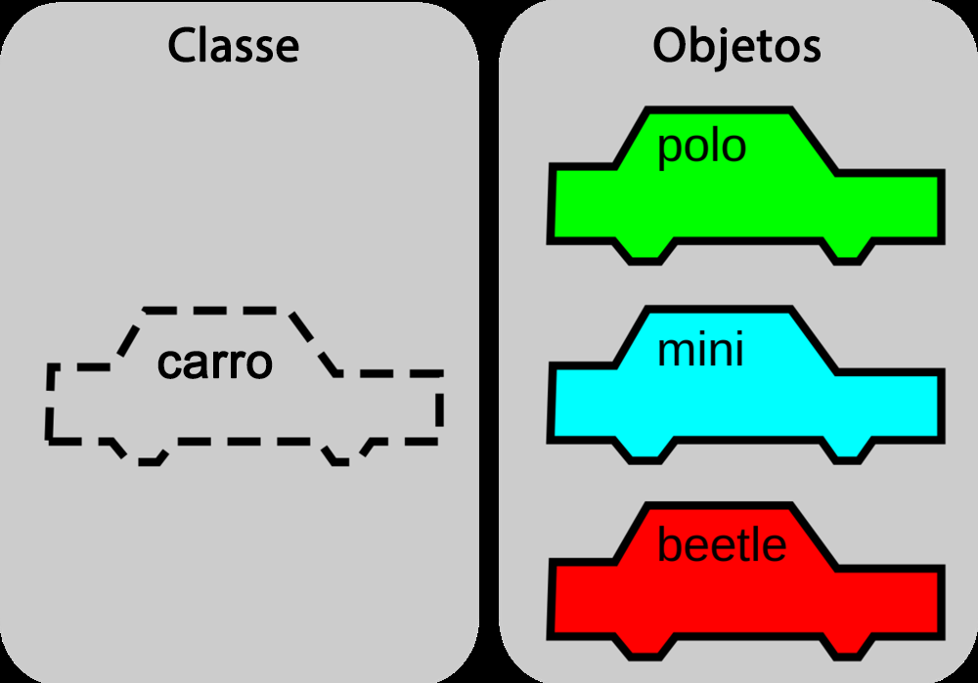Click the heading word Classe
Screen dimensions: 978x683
(x=234, y=46)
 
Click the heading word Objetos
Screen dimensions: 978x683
(x=736, y=47)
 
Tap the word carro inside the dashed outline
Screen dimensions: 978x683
(x=214, y=363)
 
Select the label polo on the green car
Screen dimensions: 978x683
(x=701, y=149)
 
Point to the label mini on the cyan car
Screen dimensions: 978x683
(x=700, y=350)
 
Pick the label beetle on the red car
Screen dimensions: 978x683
(x=722, y=544)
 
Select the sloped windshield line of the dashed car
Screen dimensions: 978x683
(x=316, y=344)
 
